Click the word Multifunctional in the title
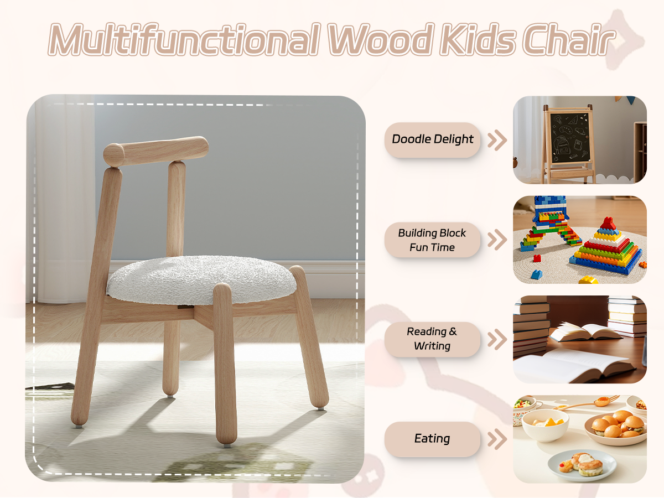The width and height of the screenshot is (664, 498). coord(184,39)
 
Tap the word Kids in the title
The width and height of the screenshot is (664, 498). coord(478,39)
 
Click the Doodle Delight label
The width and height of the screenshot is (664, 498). coord(432,139)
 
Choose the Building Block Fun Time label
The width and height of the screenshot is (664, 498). coord(432,240)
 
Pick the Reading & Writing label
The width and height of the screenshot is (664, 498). coord(432,339)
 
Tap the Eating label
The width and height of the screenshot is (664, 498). coord(432,439)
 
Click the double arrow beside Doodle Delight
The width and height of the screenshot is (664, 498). coord(497,141)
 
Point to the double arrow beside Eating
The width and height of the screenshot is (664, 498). coord(497,439)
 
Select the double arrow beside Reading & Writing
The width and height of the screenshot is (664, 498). coord(497,340)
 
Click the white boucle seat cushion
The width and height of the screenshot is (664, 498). coord(201,279)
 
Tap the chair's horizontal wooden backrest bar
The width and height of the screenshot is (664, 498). coord(156,151)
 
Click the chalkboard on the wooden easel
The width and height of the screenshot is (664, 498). coord(570,138)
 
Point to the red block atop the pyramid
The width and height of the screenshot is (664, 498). coord(608,223)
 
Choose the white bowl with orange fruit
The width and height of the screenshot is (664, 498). coord(546,425)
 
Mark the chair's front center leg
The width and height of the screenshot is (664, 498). coord(225,364)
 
